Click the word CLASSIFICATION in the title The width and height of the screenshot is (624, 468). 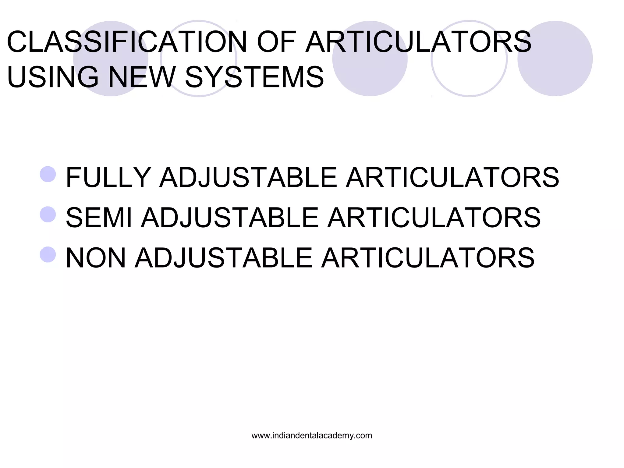pos(127,42)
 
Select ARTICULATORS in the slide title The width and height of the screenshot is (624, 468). pos(418,42)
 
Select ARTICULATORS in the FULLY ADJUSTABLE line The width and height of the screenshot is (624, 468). pos(452,177)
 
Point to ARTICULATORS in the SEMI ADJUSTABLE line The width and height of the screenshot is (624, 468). pos(434,218)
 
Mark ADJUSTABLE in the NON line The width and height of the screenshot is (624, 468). pos(224,258)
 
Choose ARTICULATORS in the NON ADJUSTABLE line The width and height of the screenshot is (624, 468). pos(428,258)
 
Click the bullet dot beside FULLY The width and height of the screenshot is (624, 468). pos(48,174)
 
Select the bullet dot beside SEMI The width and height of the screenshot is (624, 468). pos(48,214)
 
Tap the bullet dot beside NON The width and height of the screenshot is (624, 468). pos(48,255)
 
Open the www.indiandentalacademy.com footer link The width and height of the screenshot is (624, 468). pos(312,436)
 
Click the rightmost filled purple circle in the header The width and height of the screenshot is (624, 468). pos(555,58)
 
